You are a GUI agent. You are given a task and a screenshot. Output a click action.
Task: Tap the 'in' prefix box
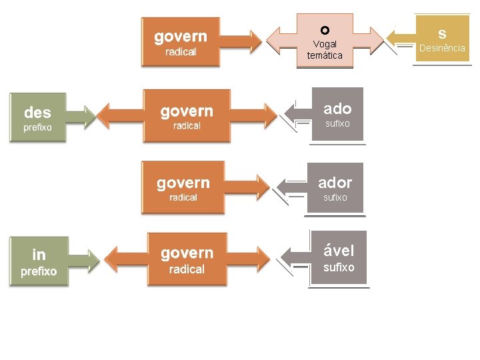[39, 261]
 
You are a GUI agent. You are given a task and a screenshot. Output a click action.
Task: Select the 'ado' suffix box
[337, 114]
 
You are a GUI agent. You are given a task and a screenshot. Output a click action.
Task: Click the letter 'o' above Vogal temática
[325, 30]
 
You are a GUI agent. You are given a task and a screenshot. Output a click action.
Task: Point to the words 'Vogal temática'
[325, 50]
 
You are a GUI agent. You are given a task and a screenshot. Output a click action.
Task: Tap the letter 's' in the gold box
[442, 33]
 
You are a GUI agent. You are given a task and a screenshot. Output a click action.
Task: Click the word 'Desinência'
[442, 48]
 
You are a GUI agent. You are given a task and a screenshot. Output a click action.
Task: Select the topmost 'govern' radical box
[181, 41]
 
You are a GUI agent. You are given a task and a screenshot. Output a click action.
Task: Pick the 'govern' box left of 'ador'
[183, 188]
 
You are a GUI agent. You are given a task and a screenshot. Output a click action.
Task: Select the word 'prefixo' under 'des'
[37, 127]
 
